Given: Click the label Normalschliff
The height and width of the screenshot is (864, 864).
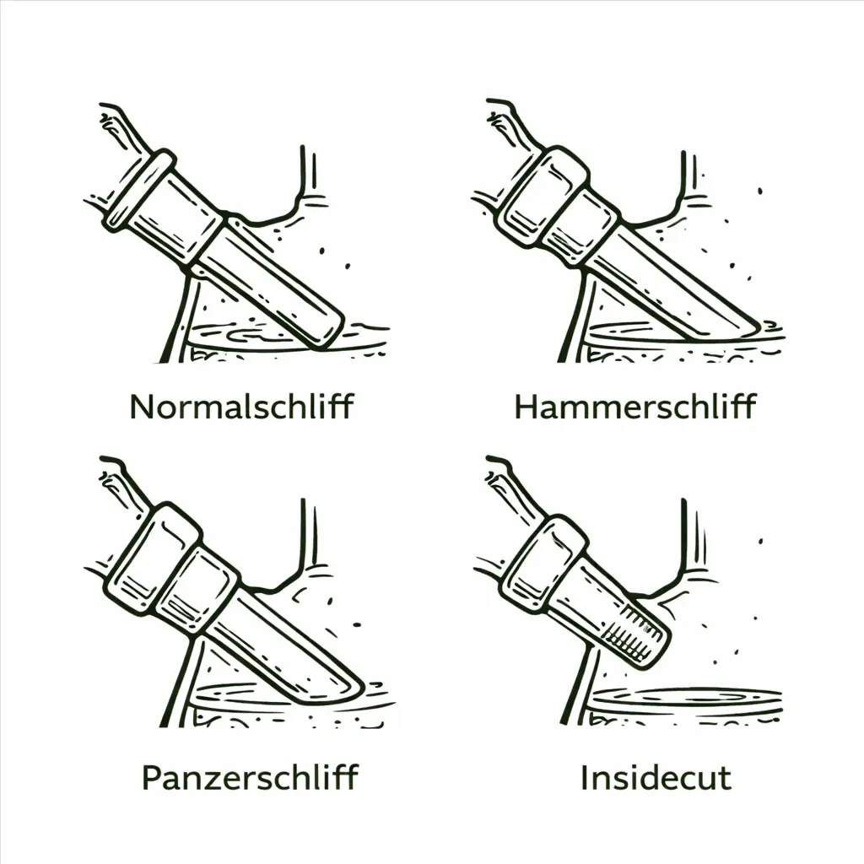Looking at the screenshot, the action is tap(241, 407).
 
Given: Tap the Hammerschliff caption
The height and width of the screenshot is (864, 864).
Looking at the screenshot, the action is tap(634, 407).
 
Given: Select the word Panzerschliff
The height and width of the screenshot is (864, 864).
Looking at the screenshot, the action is tap(250, 777).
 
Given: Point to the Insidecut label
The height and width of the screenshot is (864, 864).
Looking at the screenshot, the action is tap(656, 777).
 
